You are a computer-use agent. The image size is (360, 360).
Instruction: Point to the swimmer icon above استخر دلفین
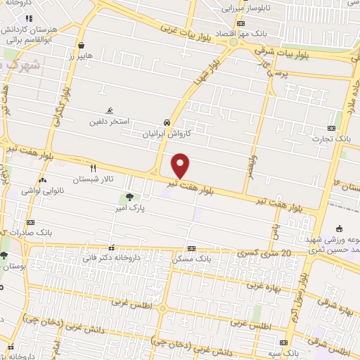click(109, 111)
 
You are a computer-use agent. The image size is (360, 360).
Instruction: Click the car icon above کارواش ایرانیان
click(166, 120)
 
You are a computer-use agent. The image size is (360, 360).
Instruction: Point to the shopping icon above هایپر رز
click(82, 44)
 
